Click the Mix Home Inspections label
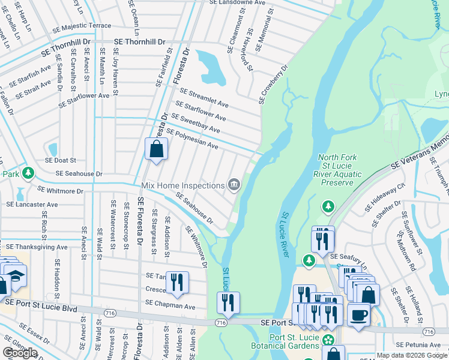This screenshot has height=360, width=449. click(x=182, y=185)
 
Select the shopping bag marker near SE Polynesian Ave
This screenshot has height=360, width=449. click(x=156, y=149)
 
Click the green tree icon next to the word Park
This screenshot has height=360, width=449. click(x=28, y=173)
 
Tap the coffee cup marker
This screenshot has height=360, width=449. click(x=359, y=315)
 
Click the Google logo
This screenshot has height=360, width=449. click(x=20, y=353)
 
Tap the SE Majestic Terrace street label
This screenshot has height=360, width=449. click(x=82, y=26)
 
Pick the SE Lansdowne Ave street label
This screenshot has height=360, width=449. click(x=238, y=3)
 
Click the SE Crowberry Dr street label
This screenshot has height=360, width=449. click(x=274, y=85)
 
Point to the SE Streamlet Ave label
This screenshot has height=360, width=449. click(x=205, y=98)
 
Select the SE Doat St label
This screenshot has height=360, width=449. click(x=61, y=160)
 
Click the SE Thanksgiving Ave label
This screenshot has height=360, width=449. click(x=37, y=247)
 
